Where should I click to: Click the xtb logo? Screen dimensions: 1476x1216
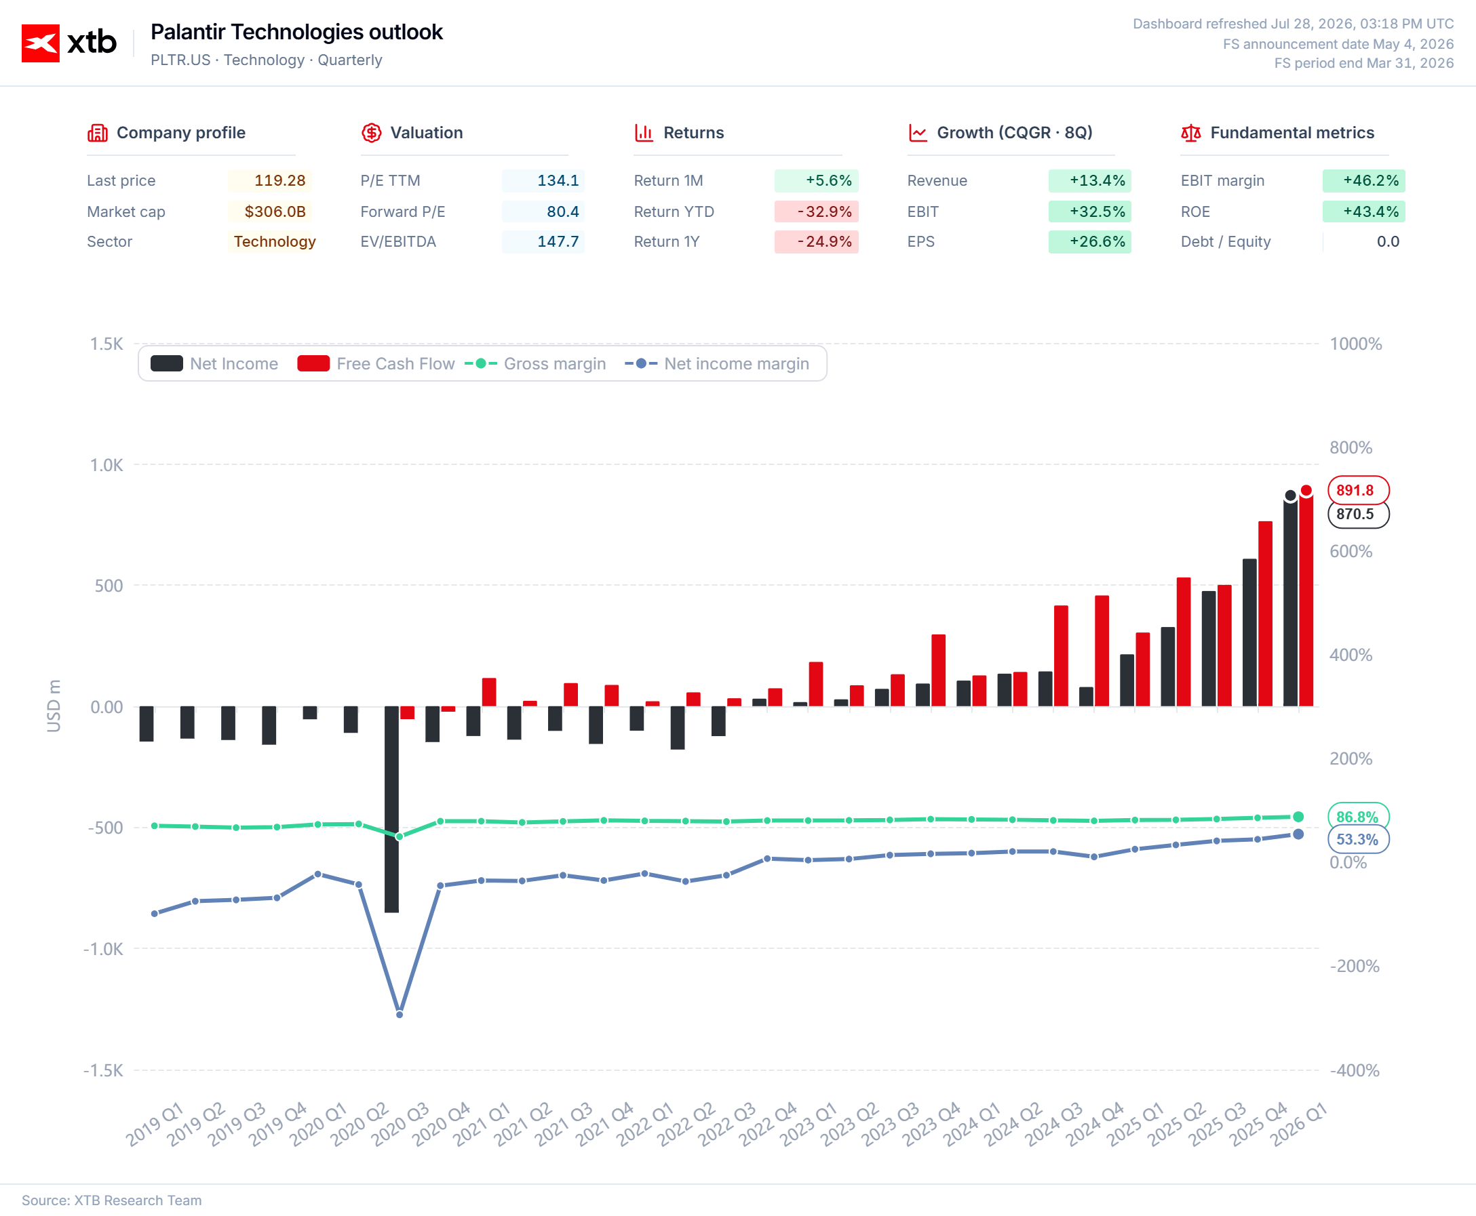[69, 43]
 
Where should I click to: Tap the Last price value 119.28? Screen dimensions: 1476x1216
[279, 181]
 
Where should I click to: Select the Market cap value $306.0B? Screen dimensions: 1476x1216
[275, 211]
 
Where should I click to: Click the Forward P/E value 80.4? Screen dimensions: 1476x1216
[563, 211]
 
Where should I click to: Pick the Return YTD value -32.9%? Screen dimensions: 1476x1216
[824, 211]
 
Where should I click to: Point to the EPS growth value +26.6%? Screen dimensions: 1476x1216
[1097, 242]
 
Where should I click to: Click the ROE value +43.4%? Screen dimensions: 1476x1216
[1370, 211]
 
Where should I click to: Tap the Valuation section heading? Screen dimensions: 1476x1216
[426, 132]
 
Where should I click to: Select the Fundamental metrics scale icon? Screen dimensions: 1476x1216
[1190, 132]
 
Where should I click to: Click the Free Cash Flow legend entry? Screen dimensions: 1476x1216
[376, 363]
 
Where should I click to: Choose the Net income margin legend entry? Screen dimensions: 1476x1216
[716, 363]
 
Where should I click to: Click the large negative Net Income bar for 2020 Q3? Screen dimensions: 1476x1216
[392, 809]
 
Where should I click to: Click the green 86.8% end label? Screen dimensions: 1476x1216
[1357, 817]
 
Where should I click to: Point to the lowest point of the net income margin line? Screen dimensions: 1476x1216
[400, 1014]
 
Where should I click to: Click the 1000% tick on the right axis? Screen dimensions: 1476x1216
[1355, 344]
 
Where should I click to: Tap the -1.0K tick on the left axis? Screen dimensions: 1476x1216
[103, 949]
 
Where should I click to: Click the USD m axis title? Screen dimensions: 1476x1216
[54, 706]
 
